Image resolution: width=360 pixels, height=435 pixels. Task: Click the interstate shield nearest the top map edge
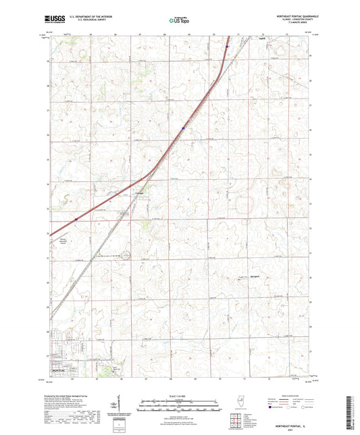[228, 47]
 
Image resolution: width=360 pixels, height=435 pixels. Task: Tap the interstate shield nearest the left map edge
[77, 219]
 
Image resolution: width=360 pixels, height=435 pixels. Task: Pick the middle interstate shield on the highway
[183, 126]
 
